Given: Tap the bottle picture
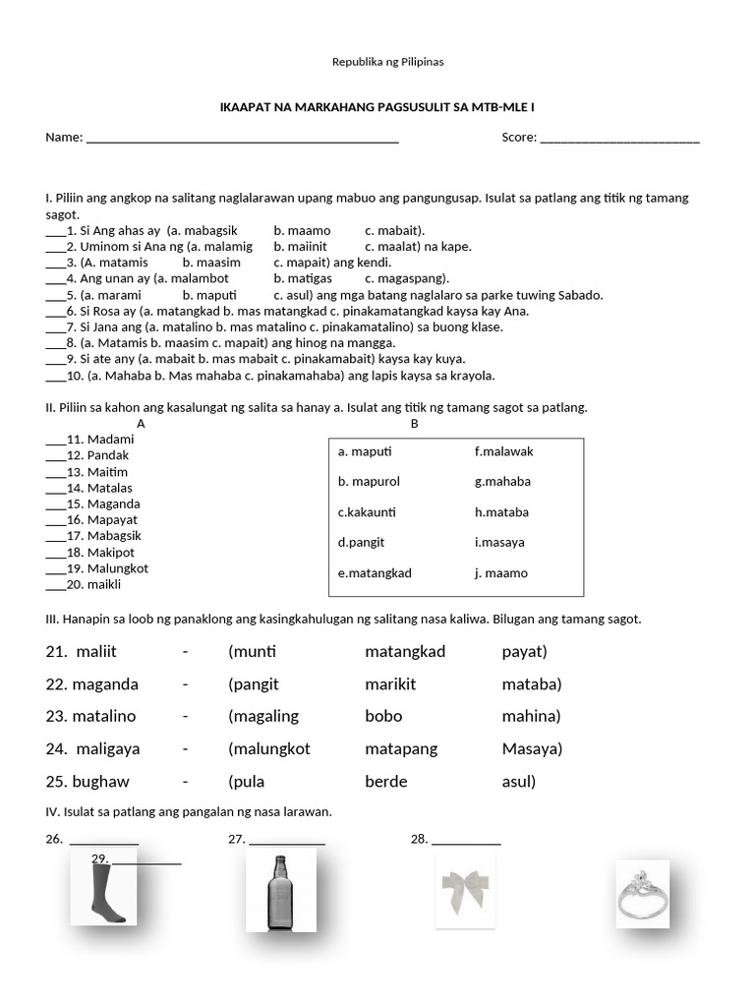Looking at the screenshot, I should tap(281, 891).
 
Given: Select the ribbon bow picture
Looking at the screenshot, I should tap(465, 891).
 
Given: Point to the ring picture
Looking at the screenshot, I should tap(642, 893).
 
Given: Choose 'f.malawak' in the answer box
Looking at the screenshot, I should tap(503, 451).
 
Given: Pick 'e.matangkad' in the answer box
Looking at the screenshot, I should tap(375, 573).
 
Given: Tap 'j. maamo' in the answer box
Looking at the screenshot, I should tap(500, 573).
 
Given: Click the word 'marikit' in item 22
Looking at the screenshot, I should tap(390, 683).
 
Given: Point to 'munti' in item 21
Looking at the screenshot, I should tap(255, 651).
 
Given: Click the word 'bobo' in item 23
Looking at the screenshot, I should tap(383, 716).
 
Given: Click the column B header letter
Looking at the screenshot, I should tap(414, 424).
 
